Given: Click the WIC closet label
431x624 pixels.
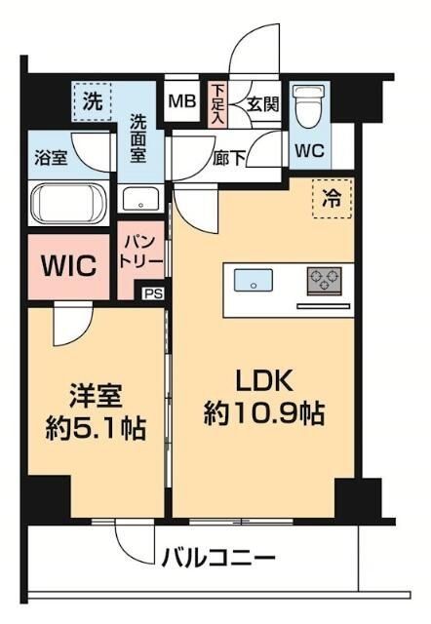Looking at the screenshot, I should pyautogui.click(x=68, y=265).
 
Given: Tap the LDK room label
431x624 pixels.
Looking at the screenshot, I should pyautogui.click(x=262, y=380).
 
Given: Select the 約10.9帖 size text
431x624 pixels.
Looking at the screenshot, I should pyautogui.click(x=263, y=413).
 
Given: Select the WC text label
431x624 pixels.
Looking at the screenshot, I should pyautogui.click(x=310, y=153).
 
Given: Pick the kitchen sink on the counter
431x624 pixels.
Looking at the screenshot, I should pyautogui.click(x=254, y=282).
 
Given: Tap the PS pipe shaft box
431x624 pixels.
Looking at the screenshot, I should pyautogui.click(x=153, y=292).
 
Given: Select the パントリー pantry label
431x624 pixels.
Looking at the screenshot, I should pyautogui.click(x=136, y=250).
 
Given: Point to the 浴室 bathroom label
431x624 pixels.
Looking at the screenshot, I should pyautogui.click(x=51, y=157).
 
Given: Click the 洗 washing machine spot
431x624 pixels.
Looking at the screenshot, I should pyautogui.click(x=92, y=99).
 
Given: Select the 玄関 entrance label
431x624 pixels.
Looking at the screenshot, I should pyautogui.click(x=260, y=100).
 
